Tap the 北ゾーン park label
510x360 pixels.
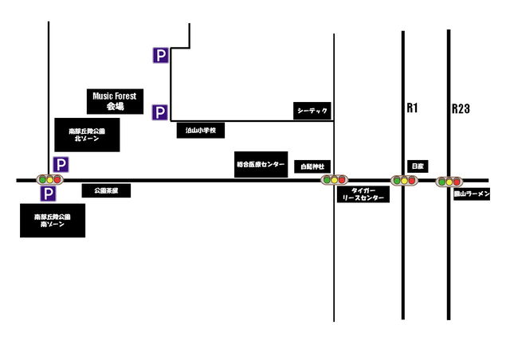88,135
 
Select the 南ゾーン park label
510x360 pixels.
53,221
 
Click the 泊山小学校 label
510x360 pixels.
201,130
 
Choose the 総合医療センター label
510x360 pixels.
260,164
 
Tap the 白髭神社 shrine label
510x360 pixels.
310,166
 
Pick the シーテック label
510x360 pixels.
312,111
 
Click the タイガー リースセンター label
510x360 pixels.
363,194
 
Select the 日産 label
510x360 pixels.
418,165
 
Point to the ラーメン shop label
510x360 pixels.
472,194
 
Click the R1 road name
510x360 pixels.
412,108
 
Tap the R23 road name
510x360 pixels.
461,108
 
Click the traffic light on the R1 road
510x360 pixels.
404,181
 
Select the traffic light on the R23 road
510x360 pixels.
449,182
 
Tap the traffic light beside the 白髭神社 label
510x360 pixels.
333,180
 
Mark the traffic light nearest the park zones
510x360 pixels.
49,180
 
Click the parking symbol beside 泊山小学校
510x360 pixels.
161,112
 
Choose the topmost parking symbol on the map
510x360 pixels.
161,55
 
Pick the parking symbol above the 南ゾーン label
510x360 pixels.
48,194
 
